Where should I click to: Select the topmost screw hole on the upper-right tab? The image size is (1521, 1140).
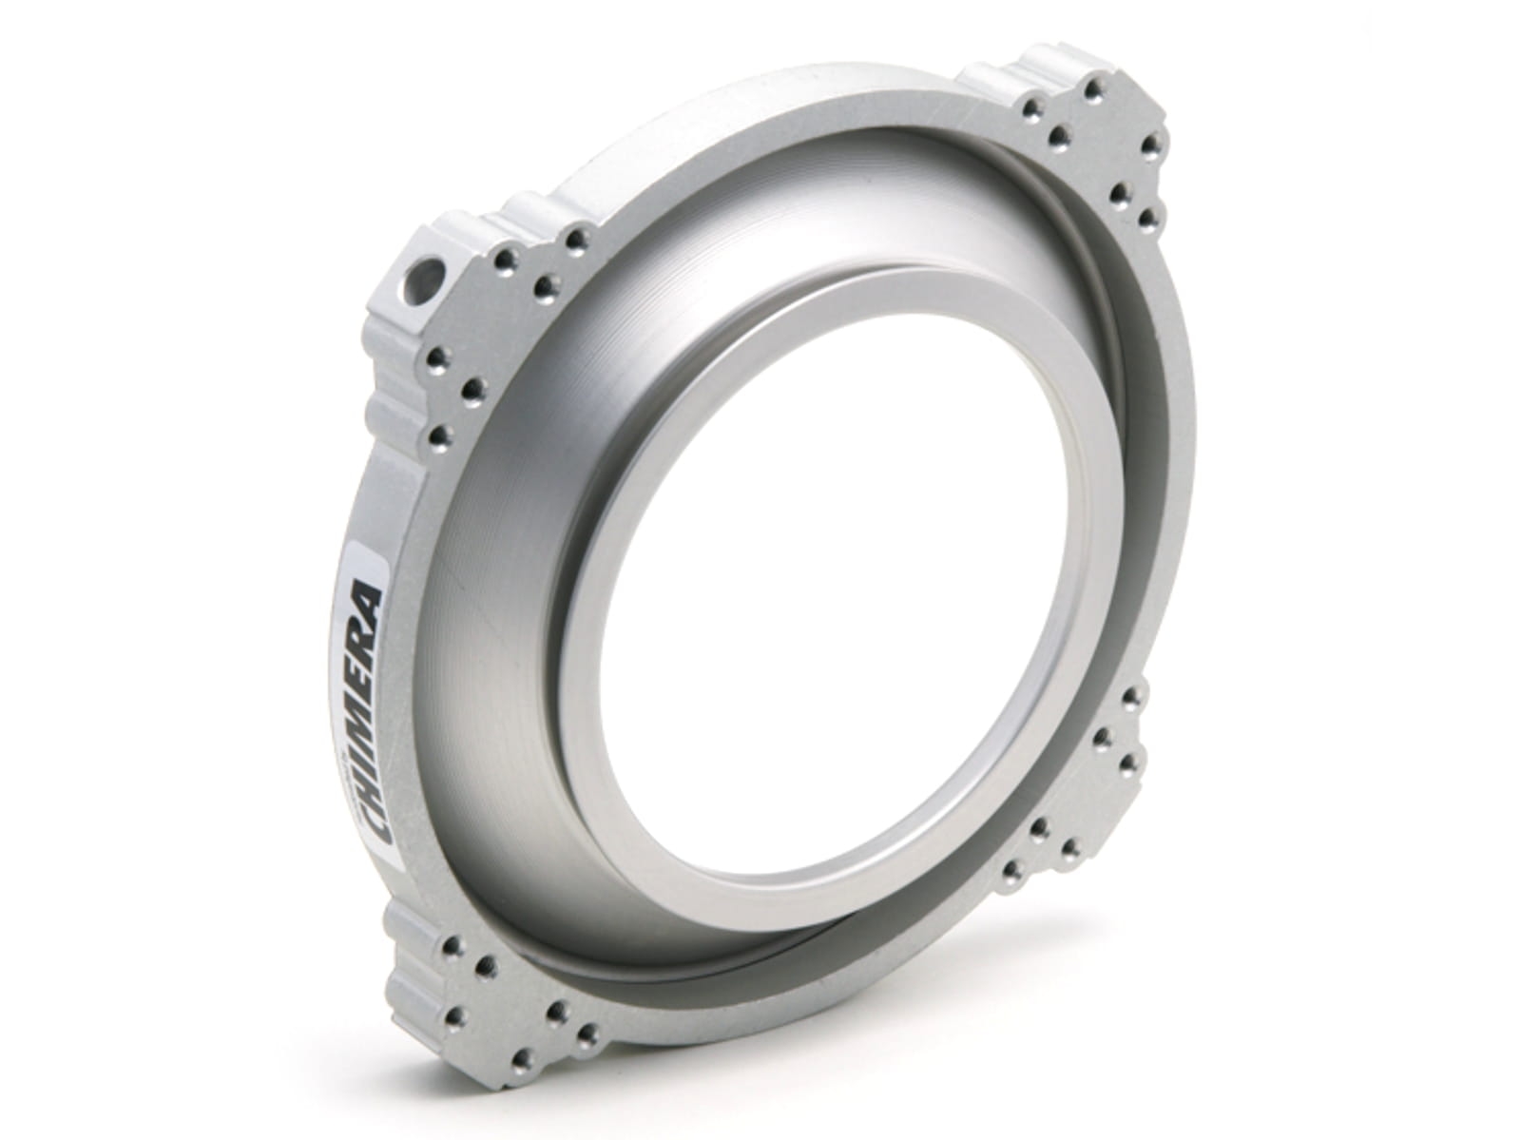1093,89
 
